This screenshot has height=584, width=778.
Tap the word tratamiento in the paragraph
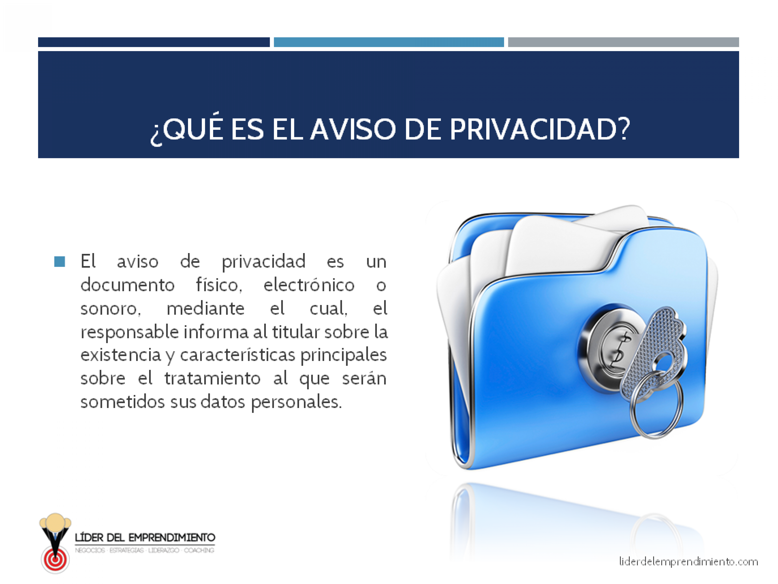[212, 379]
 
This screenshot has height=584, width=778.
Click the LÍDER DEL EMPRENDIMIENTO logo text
[145, 537]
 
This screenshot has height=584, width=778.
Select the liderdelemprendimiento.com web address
[688, 561]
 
